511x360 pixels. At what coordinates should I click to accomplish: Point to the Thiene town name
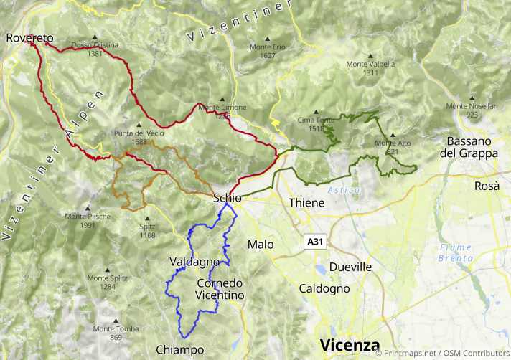point(306,203)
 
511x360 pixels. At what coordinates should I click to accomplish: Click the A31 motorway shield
point(315,242)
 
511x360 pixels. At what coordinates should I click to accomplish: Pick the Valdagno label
point(194,262)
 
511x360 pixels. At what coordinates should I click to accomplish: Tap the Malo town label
point(261,245)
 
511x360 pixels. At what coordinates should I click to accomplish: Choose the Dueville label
point(350,267)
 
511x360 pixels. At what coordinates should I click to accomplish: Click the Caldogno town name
point(324,289)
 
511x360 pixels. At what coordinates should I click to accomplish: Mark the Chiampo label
point(179,350)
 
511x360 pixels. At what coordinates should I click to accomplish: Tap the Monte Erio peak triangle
point(268,39)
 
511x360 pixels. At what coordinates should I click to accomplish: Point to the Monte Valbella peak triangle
point(370,55)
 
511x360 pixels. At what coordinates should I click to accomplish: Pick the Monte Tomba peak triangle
point(115,321)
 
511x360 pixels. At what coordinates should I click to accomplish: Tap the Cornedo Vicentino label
point(220,289)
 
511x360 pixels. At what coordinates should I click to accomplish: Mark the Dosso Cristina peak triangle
point(94,37)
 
